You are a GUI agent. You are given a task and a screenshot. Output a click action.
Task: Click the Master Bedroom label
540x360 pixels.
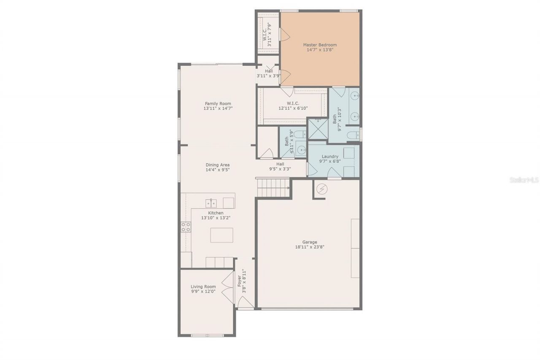pos(320,45)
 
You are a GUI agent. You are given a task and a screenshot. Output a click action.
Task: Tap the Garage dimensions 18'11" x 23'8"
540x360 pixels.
pos(310,247)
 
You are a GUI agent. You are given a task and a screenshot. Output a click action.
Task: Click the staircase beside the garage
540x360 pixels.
pos(273,188)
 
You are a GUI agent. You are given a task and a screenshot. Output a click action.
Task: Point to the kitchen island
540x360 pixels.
pos(221,235)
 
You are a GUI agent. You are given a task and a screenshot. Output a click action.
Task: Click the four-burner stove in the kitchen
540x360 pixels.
pos(186,227)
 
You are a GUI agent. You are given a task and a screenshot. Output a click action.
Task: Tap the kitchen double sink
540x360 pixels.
pos(211,203)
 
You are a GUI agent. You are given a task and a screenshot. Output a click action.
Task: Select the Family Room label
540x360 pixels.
pos(218,103)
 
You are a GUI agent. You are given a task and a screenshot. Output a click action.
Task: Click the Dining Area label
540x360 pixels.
pos(218,165)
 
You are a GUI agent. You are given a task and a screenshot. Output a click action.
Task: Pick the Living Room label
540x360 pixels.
pos(203,287)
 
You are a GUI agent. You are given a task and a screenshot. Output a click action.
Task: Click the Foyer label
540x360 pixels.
pos(239,281)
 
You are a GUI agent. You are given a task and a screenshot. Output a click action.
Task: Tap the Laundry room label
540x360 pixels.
pos(330,157)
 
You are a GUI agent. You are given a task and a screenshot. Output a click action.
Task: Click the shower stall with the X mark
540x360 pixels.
pos(318,129)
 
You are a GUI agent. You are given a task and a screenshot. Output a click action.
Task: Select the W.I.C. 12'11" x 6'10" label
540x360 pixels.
pos(293,106)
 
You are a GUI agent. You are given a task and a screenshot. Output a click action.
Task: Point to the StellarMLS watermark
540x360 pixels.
pos(524,180)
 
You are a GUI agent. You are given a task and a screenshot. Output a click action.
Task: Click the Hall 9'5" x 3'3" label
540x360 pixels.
pos(280,164)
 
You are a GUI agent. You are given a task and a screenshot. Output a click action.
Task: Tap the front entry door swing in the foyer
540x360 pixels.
pos(245,302)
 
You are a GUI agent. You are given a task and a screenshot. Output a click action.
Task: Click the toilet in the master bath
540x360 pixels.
pos(353,135)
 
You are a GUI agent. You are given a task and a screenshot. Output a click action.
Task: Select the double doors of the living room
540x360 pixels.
pos(228,287)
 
